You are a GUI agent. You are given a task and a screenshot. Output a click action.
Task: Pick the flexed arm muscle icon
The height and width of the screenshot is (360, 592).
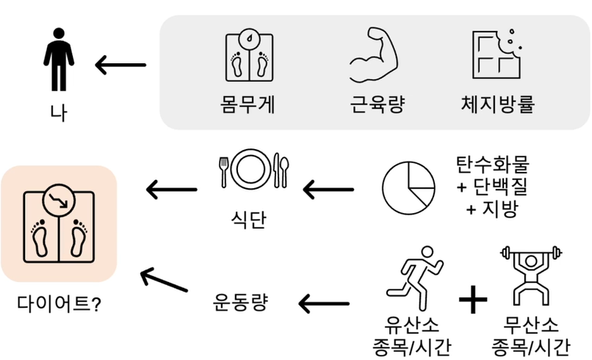pyautogui.click(x=374, y=58)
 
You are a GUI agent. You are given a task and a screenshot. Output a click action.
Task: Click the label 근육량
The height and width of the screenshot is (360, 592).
pyautogui.click(x=374, y=104)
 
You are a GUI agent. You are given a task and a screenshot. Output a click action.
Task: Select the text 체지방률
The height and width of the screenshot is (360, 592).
pyautogui.click(x=497, y=104)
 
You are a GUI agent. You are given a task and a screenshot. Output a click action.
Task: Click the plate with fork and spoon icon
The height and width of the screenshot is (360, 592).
pyautogui.click(x=251, y=170)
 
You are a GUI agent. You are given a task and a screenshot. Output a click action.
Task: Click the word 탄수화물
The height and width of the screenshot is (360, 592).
pyautogui.click(x=491, y=164)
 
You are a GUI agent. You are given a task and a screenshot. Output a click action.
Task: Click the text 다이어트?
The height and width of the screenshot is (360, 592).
pyautogui.click(x=59, y=303)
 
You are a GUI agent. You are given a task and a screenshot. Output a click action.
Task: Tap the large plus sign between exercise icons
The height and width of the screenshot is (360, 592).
pyautogui.click(x=472, y=298)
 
